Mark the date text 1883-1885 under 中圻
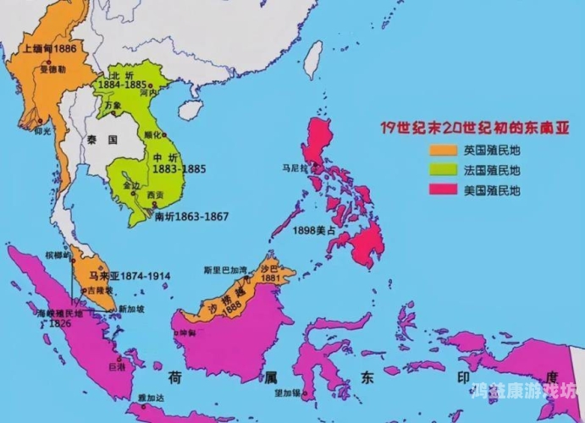click(179, 168)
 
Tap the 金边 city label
click(131, 184)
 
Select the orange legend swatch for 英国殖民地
click(442, 151)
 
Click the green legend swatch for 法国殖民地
click(442, 171)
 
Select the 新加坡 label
click(131, 310)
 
